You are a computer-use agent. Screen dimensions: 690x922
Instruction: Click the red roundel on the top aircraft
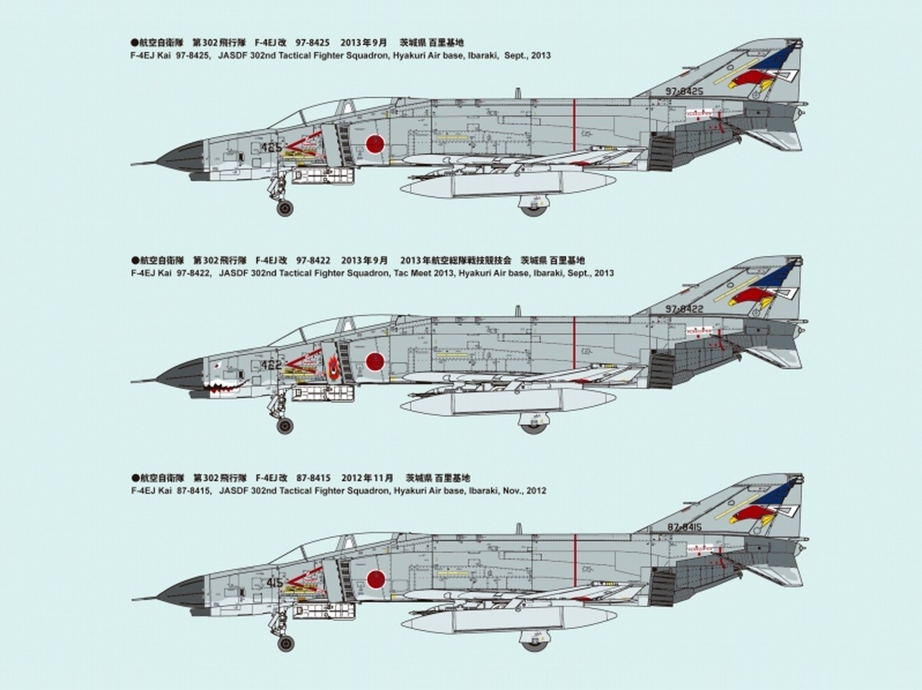(374, 144)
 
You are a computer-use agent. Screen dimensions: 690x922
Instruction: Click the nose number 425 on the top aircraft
(271, 147)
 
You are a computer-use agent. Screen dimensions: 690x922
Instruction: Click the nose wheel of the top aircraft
(284, 208)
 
